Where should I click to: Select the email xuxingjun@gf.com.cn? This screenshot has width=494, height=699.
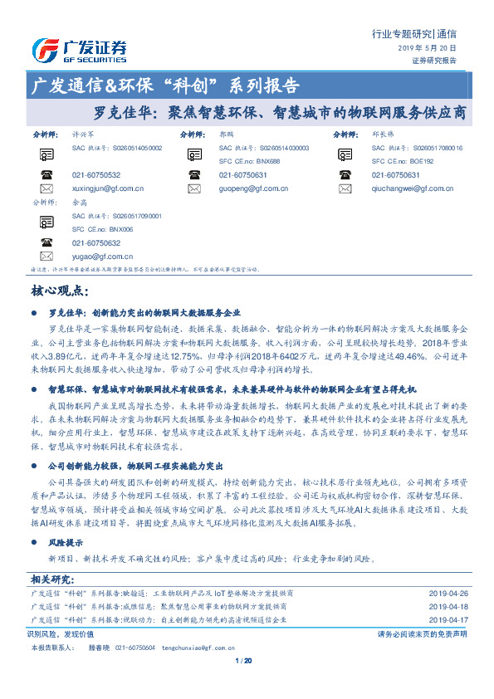tap(108, 188)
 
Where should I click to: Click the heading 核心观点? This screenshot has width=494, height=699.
tap(59, 291)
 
